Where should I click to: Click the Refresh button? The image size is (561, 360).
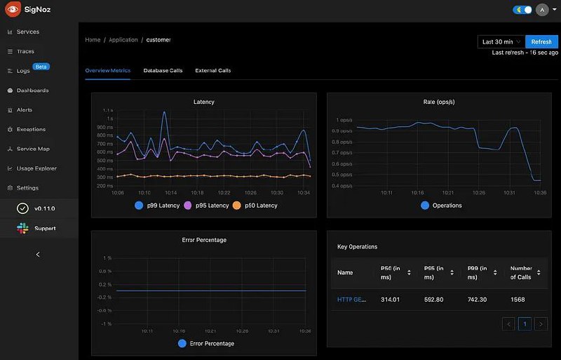pyautogui.click(x=541, y=42)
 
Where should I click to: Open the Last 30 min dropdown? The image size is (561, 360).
pyautogui.click(x=501, y=42)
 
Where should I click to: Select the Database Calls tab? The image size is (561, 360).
pyautogui.click(x=163, y=71)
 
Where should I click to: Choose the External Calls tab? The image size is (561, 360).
pyautogui.click(x=212, y=71)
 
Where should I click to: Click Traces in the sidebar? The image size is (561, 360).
pyautogui.click(x=25, y=51)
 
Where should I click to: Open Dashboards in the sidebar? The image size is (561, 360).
pyautogui.click(x=32, y=91)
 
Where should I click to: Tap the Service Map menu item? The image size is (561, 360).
pyautogui.click(x=33, y=149)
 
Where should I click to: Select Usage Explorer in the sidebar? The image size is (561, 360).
pyautogui.click(x=36, y=168)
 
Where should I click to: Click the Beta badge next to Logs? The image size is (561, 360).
pyautogui.click(x=41, y=67)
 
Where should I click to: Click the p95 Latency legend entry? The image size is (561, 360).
pyautogui.click(x=206, y=206)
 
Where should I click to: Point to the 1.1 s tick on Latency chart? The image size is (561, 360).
pyautogui.click(x=108, y=111)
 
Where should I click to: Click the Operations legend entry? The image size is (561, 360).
pyautogui.click(x=442, y=206)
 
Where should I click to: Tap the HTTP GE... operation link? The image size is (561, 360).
pyautogui.click(x=351, y=300)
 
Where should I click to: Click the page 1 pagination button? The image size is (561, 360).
pyautogui.click(x=525, y=324)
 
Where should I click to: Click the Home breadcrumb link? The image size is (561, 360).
pyautogui.click(x=93, y=40)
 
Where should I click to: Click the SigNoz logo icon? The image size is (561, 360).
pyautogui.click(x=12, y=11)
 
